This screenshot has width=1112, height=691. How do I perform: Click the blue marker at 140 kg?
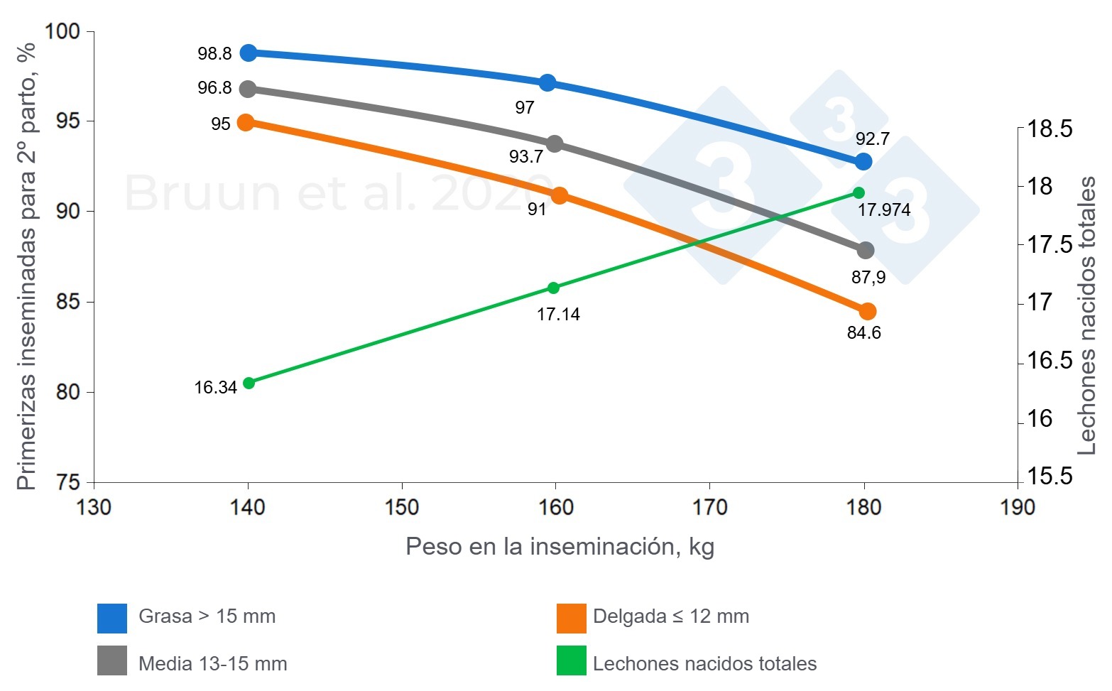click(x=248, y=53)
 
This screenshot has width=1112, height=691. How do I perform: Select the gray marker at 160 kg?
click(x=555, y=143)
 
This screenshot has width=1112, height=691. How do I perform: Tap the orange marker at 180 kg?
click(x=867, y=311)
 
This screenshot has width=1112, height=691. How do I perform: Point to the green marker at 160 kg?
click(x=554, y=288)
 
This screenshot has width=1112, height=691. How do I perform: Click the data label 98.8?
click(x=214, y=54)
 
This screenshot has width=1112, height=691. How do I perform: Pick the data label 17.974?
click(x=883, y=210)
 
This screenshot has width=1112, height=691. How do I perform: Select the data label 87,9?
click(x=868, y=278)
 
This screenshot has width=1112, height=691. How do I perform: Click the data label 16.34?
click(x=215, y=388)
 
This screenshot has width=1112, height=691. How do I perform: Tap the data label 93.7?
click(x=526, y=157)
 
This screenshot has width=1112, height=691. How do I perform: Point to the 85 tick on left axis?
click(x=68, y=302)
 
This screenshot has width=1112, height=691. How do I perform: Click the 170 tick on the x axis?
click(x=709, y=507)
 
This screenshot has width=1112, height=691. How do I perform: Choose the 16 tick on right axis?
click(x=1040, y=419)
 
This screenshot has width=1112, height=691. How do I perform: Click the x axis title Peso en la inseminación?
click(x=560, y=546)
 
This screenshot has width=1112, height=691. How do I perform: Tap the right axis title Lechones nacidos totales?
click(x=1086, y=316)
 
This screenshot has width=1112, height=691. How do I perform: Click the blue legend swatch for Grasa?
click(x=112, y=618)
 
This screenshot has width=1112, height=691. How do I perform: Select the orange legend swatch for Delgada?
click(x=571, y=618)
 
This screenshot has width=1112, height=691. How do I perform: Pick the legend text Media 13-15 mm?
click(x=212, y=664)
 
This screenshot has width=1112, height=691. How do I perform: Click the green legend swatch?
click(x=571, y=660)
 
